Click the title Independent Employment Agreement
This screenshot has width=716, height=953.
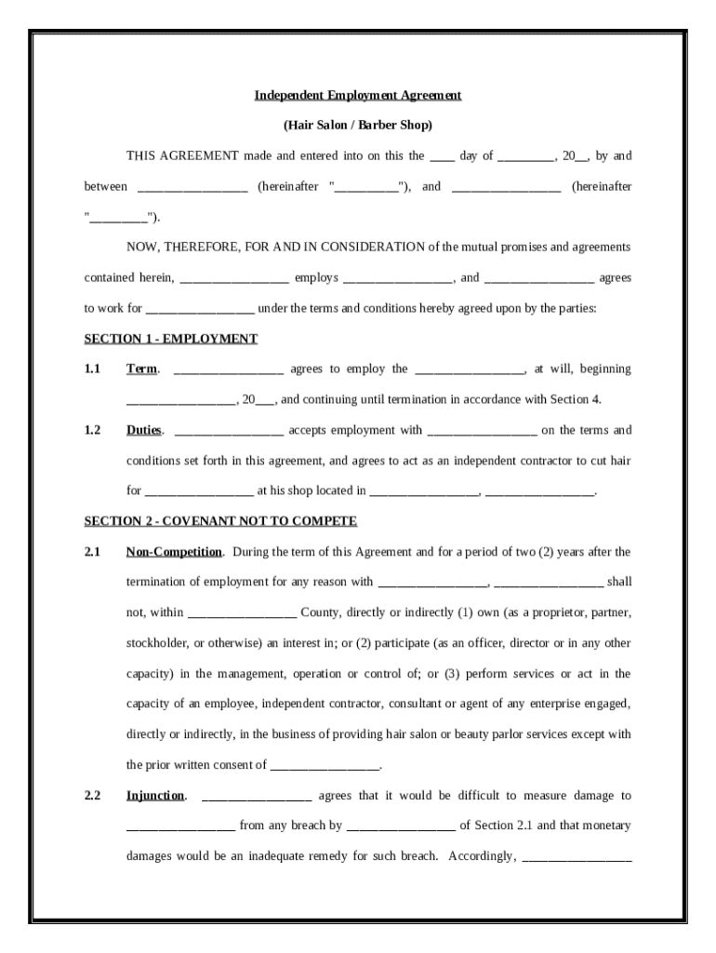(358, 95)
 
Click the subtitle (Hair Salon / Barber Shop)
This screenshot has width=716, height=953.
(358, 125)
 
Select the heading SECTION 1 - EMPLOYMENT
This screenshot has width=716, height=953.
(171, 339)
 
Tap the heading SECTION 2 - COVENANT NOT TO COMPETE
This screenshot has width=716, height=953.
(220, 521)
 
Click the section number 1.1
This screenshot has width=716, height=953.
(92, 369)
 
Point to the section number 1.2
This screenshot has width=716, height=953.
(92, 430)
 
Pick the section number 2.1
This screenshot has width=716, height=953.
(92, 552)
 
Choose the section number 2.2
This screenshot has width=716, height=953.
(92, 796)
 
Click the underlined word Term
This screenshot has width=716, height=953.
(141, 369)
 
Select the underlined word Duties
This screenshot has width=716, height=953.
(144, 430)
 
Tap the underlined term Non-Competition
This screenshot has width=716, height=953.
(174, 552)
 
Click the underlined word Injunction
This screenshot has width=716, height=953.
(156, 796)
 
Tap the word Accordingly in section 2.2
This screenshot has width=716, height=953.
(482, 856)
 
